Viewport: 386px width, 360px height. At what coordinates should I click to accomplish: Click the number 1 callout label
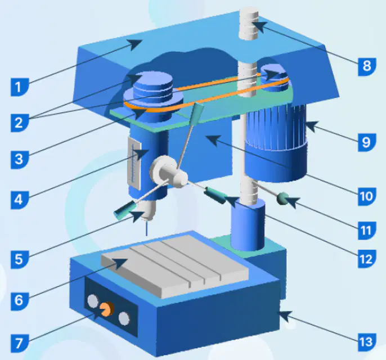[20, 87]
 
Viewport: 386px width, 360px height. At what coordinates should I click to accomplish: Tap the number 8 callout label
[367, 66]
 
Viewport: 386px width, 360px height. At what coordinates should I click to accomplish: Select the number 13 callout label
[367, 342]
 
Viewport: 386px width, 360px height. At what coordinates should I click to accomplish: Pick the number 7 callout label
[20, 343]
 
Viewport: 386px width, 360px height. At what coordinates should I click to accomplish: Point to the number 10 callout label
[367, 196]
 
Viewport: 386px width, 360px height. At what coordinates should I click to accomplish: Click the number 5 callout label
[20, 259]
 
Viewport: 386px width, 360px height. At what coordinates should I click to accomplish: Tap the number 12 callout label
[367, 259]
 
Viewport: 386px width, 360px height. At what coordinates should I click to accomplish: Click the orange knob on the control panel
[107, 309]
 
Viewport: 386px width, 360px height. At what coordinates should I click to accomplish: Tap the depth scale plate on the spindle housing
[134, 163]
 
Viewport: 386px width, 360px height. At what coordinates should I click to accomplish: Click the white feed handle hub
[169, 172]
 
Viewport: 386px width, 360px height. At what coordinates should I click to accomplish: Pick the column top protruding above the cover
[249, 24]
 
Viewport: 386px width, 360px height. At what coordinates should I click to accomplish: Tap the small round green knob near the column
[282, 199]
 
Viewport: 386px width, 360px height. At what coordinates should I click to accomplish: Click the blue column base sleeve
[248, 225]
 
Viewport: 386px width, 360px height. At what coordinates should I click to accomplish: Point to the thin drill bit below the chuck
[147, 228]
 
